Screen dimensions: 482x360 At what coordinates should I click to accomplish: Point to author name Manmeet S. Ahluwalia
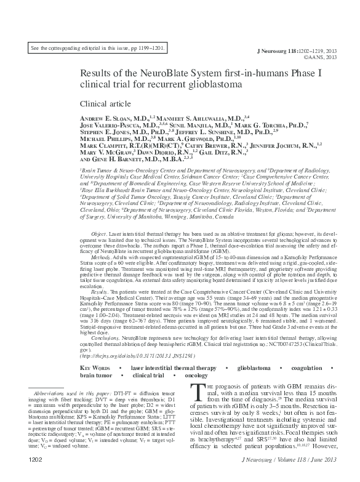coord(200,117)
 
